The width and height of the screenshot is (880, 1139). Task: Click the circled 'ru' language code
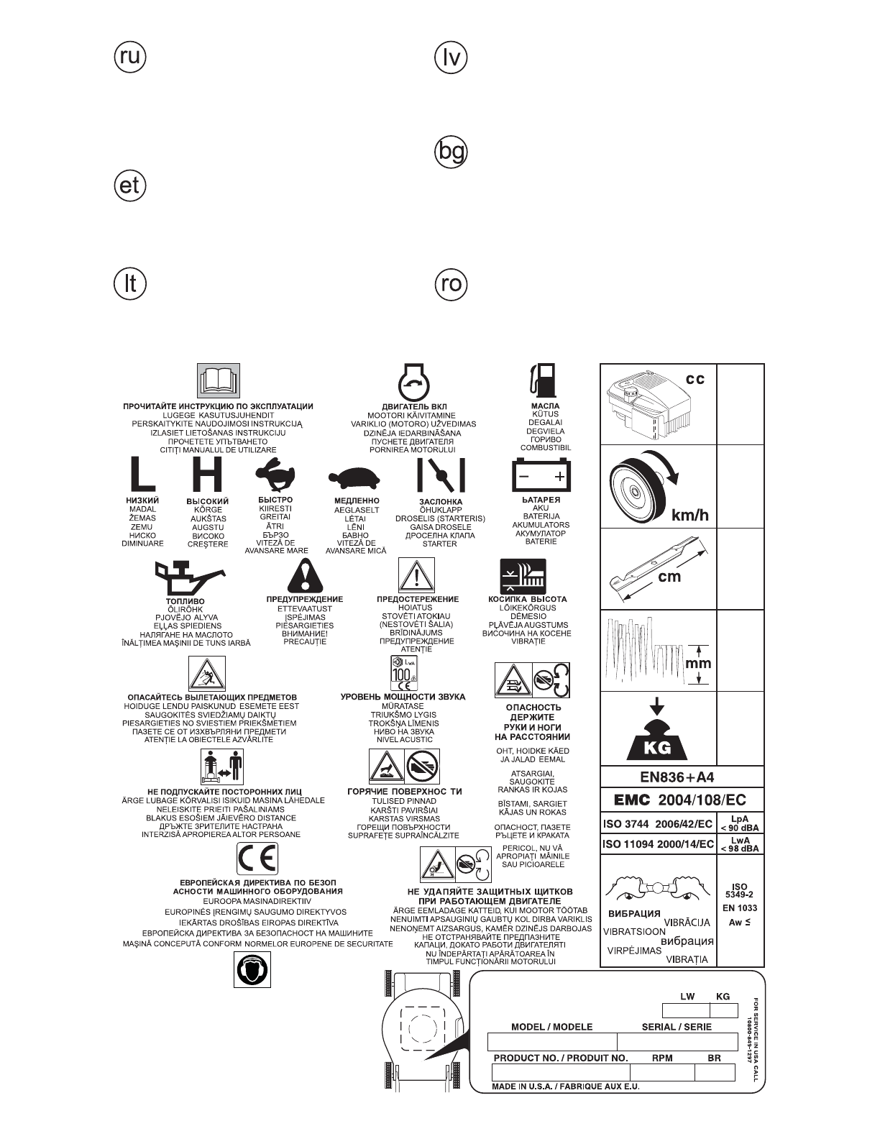[x=130, y=56]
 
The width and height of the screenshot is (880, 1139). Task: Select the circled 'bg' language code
[x=452, y=152]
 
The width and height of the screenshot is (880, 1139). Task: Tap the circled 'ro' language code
[x=452, y=284]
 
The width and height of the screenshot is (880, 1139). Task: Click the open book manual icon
[x=218, y=381]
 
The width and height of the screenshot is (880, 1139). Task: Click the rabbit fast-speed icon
[x=275, y=476]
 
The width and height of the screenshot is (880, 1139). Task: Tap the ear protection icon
[x=252, y=969]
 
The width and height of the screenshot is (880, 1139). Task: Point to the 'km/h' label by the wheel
[x=689, y=515]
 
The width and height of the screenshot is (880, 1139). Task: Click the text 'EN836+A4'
[x=677, y=777]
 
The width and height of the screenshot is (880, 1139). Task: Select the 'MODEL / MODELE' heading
[x=551, y=1027]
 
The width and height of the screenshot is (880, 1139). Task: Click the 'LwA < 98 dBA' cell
[x=740, y=844]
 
